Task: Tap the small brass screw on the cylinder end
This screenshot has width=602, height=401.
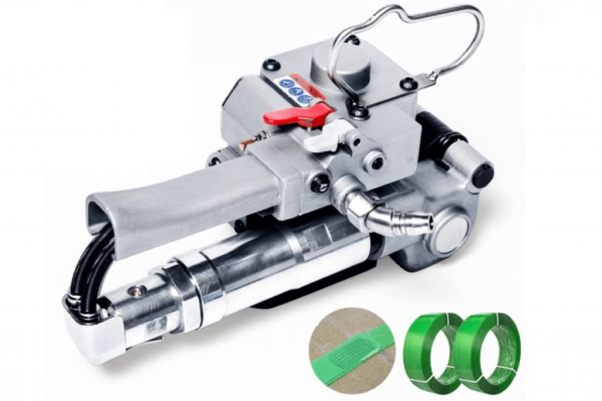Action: [x=138, y=289]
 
